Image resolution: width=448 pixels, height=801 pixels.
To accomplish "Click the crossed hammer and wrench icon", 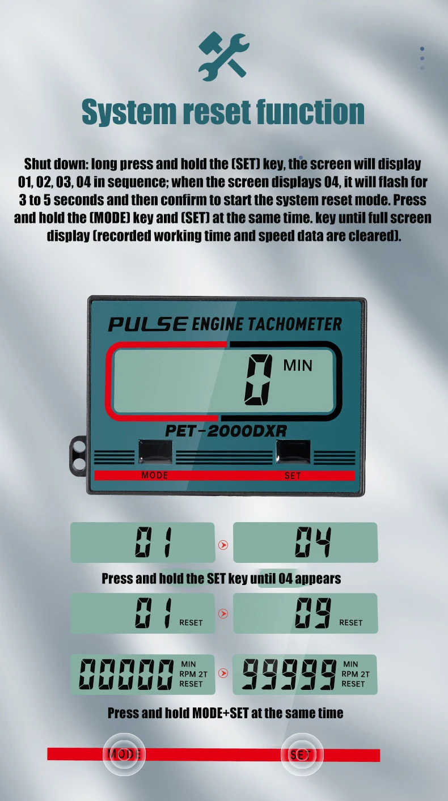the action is coord(224,56).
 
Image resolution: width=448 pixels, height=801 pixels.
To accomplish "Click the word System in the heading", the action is coord(129,112).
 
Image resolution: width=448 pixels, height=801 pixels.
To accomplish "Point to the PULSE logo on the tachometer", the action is coord(148,324).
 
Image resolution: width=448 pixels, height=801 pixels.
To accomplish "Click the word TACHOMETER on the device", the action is coord(294,324).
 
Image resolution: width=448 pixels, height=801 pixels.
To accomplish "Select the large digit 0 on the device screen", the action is coord(259,380).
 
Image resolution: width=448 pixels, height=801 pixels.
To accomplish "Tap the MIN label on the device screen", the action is coord(298,366).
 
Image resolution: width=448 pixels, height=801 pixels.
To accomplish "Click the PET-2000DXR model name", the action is coord(226,431).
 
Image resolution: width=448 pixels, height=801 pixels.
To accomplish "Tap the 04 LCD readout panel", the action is coord(306,542).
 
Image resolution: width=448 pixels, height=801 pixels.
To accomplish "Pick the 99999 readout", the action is coord(289,674).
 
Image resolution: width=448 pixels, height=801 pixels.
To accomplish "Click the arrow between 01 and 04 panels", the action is coord(223,545).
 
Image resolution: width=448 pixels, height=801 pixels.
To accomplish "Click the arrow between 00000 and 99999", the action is coord(223,673).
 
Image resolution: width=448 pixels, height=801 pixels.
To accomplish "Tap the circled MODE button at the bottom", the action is coord(124,754).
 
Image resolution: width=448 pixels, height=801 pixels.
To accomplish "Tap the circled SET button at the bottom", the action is coord(302,754).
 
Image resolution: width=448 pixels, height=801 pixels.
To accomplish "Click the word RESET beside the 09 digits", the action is coord(350,622).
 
